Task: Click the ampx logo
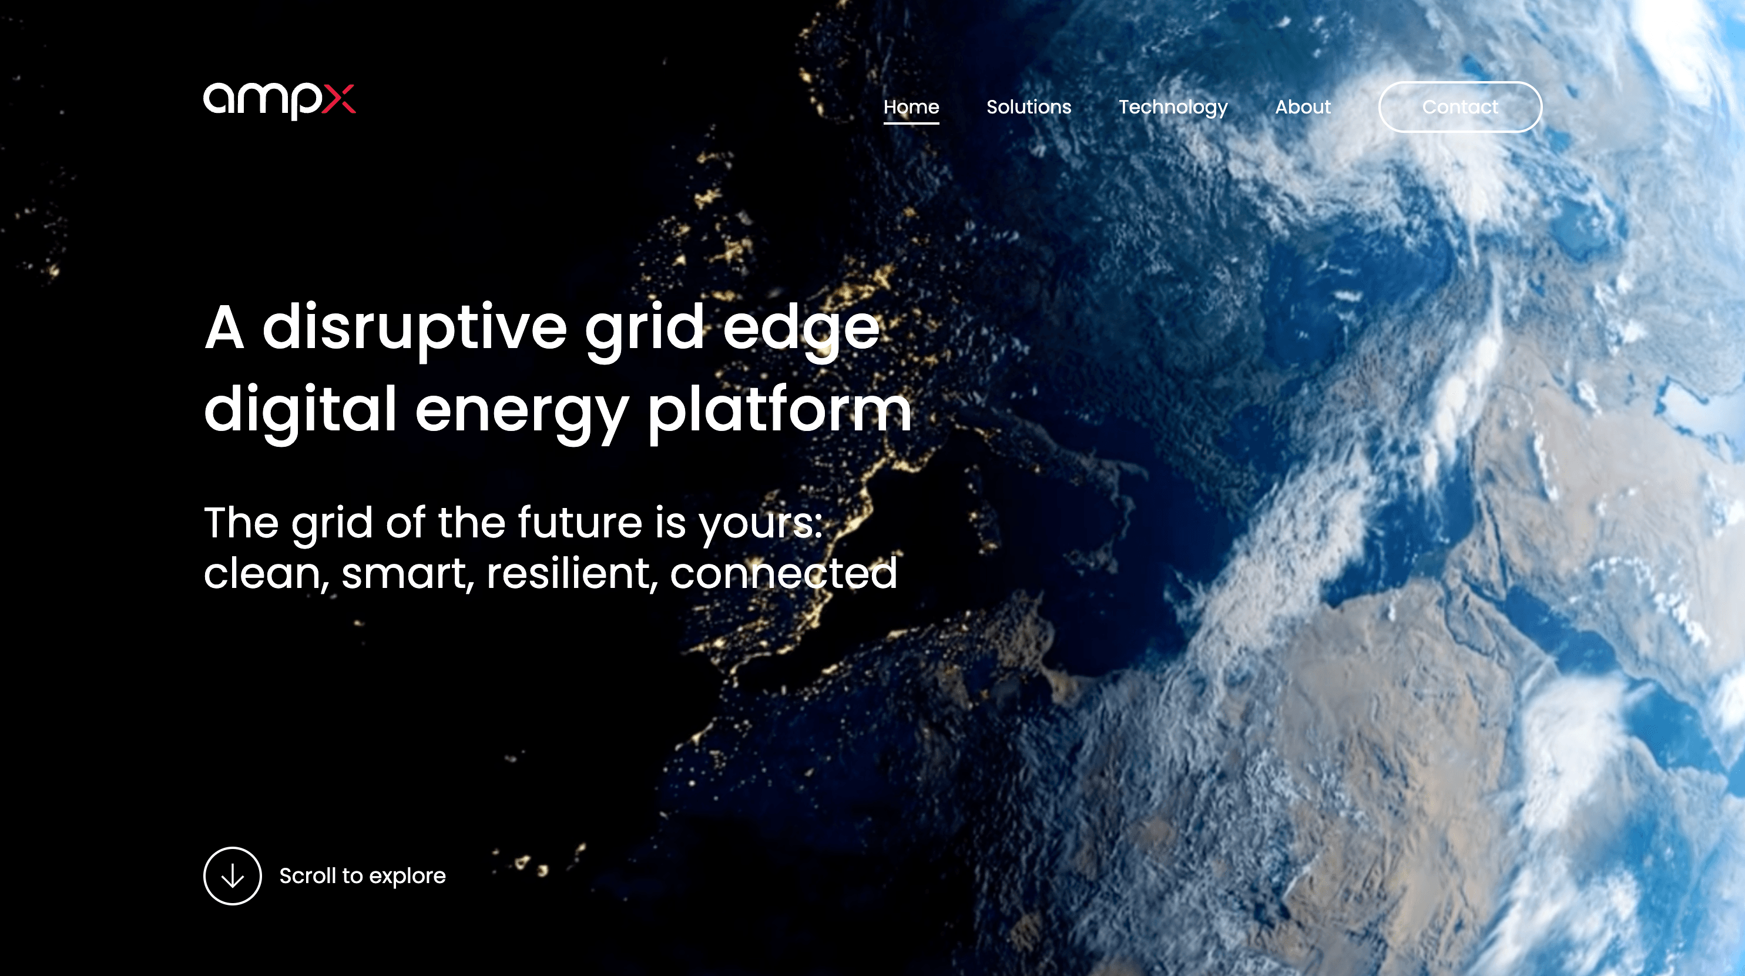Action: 279,101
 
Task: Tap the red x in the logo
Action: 338,99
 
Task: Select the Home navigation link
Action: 911,107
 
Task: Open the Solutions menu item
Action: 1028,107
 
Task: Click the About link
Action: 1303,107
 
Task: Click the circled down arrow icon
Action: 232,875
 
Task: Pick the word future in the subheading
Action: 580,523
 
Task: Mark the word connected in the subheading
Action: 784,573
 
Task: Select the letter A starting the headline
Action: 224,327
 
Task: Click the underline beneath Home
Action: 911,123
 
